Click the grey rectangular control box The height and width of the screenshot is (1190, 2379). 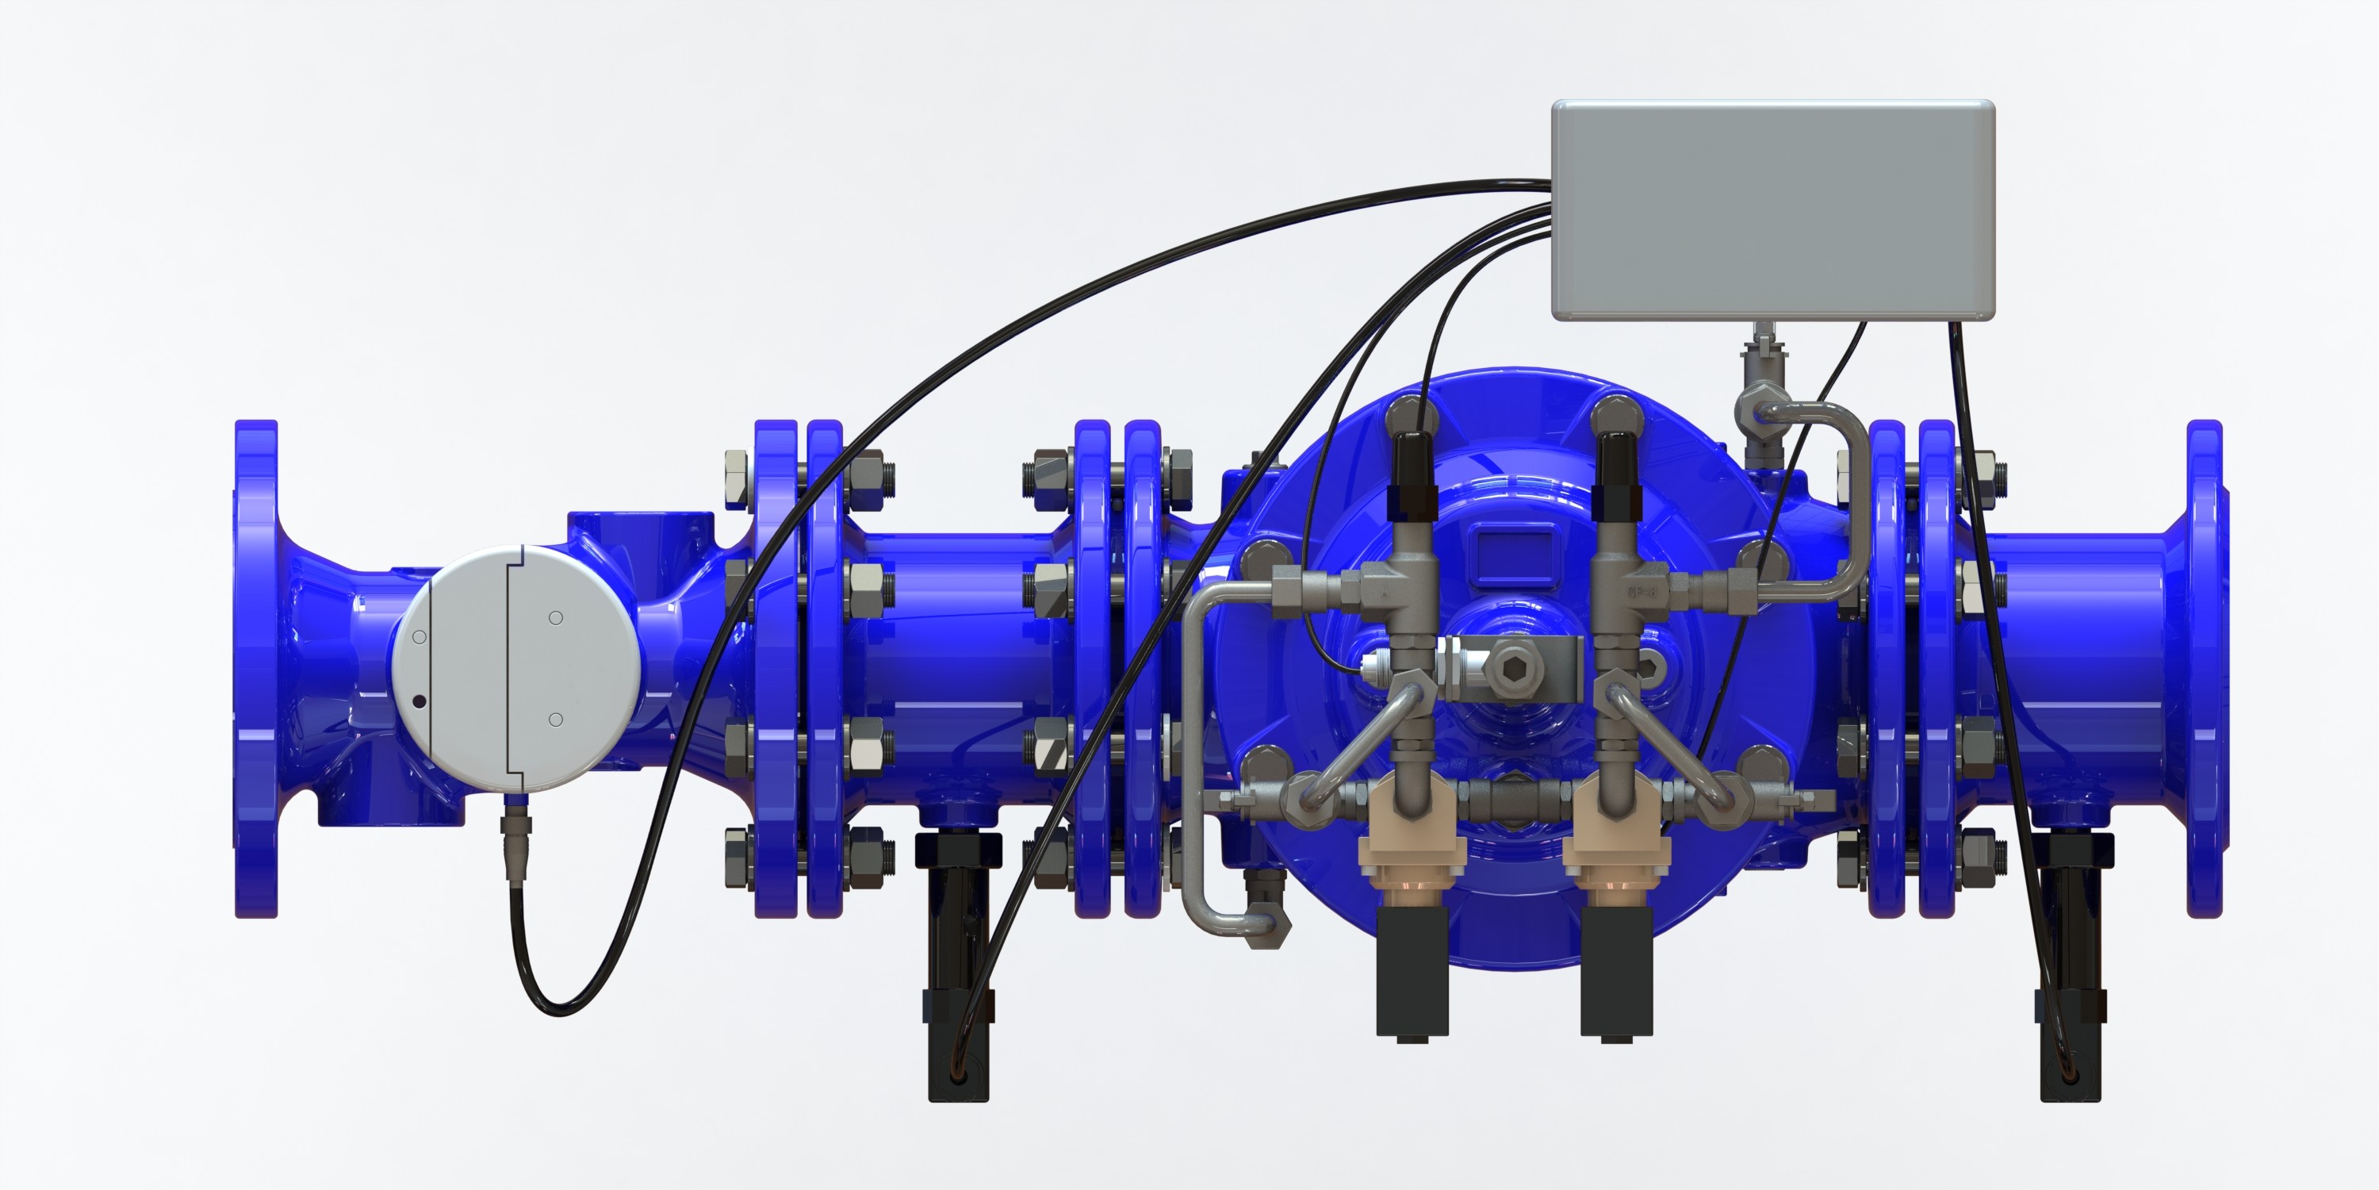pyautogui.click(x=1772, y=211)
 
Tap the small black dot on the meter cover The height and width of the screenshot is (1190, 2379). pyautogui.click(x=419, y=701)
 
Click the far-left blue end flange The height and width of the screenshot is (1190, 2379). pyautogui.click(x=256, y=669)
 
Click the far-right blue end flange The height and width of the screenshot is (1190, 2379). pyautogui.click(x=2204, y=669)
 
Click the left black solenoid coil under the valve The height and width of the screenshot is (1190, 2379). pyautogui.click(x=1412, y=970)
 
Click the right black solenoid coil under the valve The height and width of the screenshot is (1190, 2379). pyautogui.click(x=1616, y=970)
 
